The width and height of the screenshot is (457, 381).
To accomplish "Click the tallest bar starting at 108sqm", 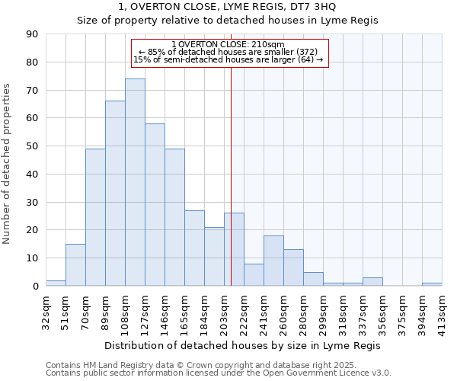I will coord(135,183).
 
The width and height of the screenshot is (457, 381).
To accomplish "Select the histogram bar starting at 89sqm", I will coord(115,194).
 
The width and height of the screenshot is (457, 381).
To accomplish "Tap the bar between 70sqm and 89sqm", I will coord(95,217).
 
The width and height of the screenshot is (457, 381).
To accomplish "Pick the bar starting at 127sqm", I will coord(155,205).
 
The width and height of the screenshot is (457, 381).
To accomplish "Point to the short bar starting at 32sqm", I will coord(56,283).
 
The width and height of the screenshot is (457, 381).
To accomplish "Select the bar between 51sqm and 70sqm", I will coord(75,265).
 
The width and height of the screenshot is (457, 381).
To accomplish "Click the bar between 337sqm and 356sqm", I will coord(372,282).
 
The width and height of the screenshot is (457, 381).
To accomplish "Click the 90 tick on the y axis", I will coord(31,34).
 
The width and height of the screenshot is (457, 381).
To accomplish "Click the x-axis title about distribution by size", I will coord(228,346).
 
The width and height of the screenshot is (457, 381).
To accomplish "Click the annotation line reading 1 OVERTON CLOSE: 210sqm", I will coord(228,44).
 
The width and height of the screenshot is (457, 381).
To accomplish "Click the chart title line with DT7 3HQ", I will coord(228,7).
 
